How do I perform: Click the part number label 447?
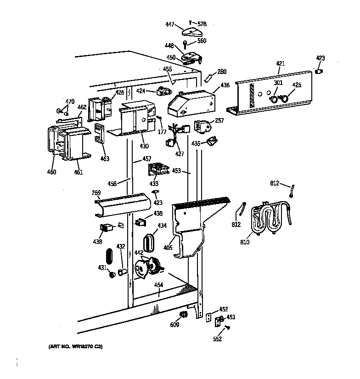(170, 25)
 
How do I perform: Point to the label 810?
(245, 242)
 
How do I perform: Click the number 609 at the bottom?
(174, 325)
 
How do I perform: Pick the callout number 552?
(217, 339)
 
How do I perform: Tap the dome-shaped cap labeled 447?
(191, 31)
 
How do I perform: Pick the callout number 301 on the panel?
(278, 83)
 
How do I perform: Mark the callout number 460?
(51, 172)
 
